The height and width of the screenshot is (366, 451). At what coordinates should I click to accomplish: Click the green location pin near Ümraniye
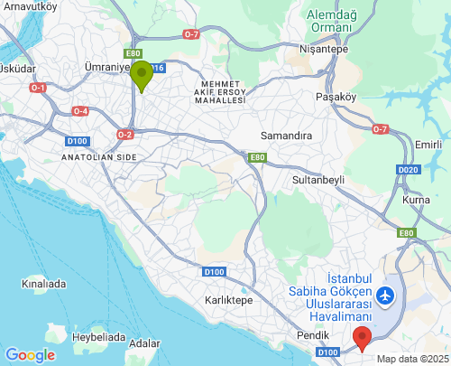141,74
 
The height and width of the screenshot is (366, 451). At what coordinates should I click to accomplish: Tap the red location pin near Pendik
362,339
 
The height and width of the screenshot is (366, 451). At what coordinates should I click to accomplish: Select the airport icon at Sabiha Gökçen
387,295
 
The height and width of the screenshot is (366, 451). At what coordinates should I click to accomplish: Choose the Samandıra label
286,135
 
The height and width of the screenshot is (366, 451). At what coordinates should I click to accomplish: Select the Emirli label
427,145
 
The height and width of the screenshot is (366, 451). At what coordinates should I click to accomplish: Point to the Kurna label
416,199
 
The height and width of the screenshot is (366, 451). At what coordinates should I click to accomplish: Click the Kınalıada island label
44,283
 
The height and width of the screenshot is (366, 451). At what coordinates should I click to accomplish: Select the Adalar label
144,343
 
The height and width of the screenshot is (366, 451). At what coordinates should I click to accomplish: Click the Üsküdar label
17,68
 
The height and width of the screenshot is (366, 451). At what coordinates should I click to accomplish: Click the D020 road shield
409,170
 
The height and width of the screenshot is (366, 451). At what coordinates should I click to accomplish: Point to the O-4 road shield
80,110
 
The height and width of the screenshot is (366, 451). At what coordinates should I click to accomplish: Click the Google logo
29,355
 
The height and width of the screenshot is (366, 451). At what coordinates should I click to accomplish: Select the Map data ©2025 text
411,359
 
